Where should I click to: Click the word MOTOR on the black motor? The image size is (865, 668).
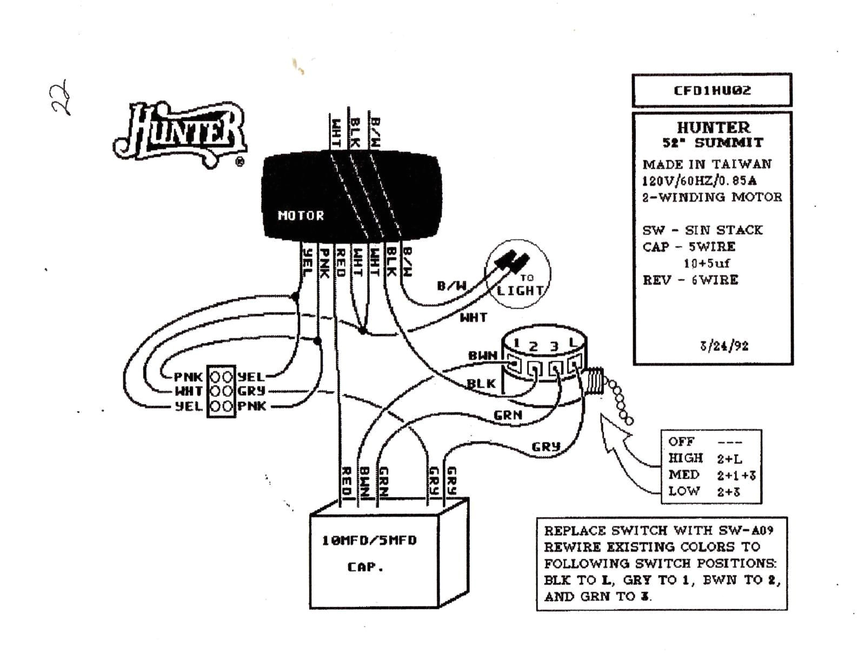coord(301,216)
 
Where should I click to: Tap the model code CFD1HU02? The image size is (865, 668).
coord(711,90)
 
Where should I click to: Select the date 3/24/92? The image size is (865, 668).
coord(723,346)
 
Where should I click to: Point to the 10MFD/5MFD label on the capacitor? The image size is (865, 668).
coord(369,540)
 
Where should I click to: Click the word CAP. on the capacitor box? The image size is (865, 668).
coord(365,567)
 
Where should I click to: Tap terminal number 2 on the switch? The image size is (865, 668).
coord(534,346)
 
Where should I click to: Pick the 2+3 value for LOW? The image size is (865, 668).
coord(729,491)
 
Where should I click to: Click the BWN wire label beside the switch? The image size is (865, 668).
coord(482,356)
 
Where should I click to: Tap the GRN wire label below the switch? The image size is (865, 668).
coord(508,415)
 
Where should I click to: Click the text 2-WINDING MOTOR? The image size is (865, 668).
coord(711,197)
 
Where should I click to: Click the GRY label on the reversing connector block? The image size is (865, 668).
coord(251,391)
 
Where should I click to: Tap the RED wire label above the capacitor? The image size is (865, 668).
coord(347,481)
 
